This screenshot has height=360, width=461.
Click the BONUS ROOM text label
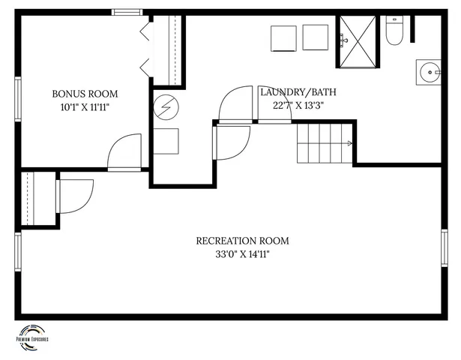click(85, 94)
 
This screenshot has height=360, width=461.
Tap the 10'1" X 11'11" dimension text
click(85, 106)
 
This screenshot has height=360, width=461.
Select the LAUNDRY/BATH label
click(298, 92)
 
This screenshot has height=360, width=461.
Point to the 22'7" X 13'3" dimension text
click(298, 105)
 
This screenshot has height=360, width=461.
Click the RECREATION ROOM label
click(242, 241)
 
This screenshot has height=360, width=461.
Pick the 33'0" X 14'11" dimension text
click(242, 254)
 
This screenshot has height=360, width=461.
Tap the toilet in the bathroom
click(395, 29)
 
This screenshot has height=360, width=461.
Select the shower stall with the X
click(358, 41)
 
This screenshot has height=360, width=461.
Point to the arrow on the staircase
click(349, 143)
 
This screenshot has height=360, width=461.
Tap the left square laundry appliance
click(283, 37)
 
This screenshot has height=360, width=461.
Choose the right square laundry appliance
click(315, 37)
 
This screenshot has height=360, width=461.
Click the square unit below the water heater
click(166, 141)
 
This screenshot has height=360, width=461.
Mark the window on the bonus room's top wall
click(127, 12)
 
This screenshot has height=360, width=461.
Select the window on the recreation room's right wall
click(445, 248)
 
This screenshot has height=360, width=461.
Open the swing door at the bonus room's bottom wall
click(124, 153)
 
